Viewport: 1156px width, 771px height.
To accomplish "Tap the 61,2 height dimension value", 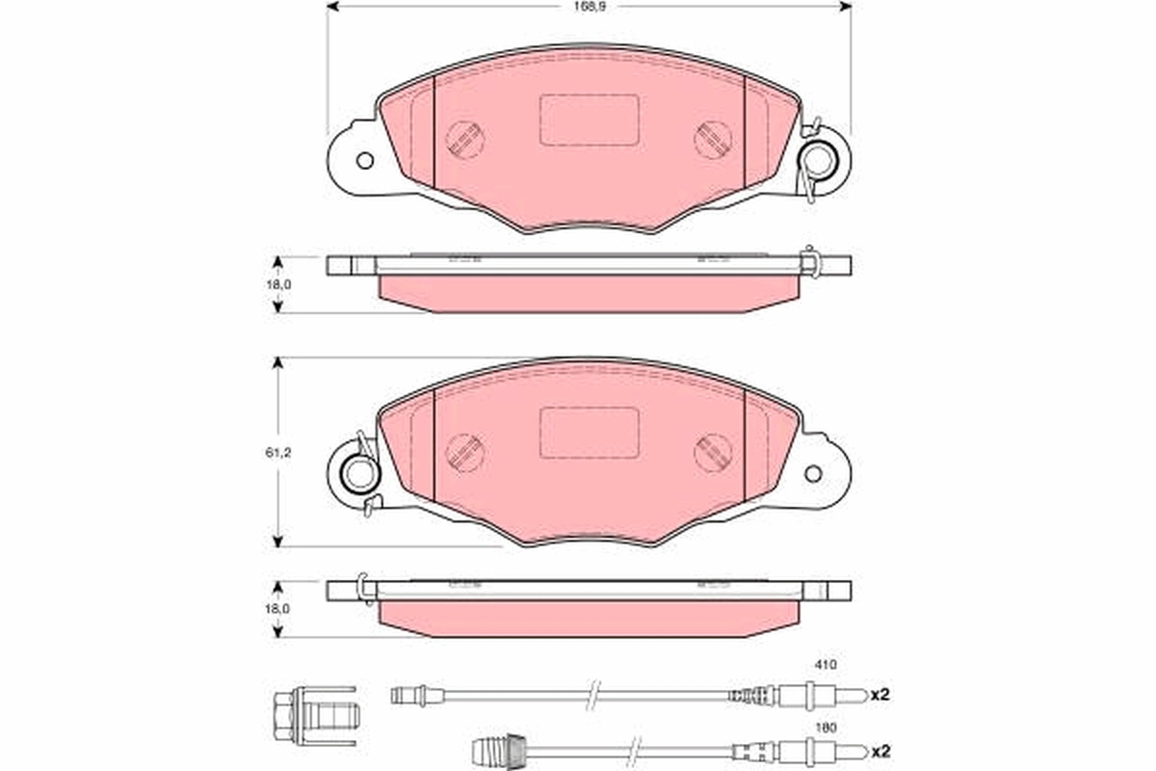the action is coord(278,453).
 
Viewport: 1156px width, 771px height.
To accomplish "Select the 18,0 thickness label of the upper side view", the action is coord(278,284).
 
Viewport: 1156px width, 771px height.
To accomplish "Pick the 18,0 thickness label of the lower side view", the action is coord(278,609).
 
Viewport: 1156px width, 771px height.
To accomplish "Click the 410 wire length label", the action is coord(826,665).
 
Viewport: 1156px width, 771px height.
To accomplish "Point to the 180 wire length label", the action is coord(826,729).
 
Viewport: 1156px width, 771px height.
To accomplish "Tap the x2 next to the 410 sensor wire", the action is coord(880,695).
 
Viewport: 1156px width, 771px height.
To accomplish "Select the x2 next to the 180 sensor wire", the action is coord(880,752).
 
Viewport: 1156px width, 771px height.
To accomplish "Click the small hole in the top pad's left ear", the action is coord(365,161).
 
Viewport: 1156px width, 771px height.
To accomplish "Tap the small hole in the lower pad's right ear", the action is coord(813,474).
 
